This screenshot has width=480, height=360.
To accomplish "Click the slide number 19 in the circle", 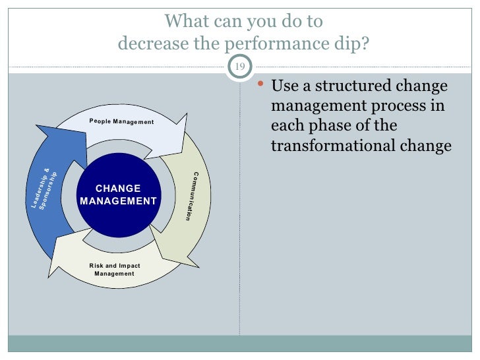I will [239, 67].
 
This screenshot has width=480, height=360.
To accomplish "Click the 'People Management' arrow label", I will [121, 122].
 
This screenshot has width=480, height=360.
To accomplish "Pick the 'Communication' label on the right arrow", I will [191, 196].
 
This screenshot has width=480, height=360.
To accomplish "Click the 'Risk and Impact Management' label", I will [115, 270].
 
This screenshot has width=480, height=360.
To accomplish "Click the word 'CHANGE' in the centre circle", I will [118, 189].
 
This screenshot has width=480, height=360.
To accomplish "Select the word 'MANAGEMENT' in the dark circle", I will [118, 201].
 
